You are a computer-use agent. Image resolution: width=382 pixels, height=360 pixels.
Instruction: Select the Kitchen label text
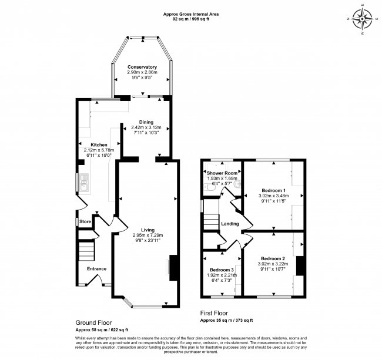(x=98, y=144)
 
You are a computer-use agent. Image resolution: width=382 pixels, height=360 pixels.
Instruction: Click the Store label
(x=86, y=221)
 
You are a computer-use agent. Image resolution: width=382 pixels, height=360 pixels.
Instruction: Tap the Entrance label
(x=96, y=268)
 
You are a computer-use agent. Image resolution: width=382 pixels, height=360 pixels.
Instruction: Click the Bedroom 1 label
(x=273, y=191)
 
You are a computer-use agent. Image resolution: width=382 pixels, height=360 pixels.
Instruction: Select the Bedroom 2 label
(x=273, y=259)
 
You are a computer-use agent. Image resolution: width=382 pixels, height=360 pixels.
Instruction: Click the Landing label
(x=229, y=224)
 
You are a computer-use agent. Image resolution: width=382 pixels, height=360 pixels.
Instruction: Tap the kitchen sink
(x=85, y=184)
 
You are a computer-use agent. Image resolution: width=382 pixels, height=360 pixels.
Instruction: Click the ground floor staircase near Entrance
(x=86, y=252)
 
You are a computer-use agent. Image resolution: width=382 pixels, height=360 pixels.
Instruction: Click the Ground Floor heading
(x=93, y=323)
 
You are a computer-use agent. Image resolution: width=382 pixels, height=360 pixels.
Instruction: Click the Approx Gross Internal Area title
(x=191, y=14)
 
